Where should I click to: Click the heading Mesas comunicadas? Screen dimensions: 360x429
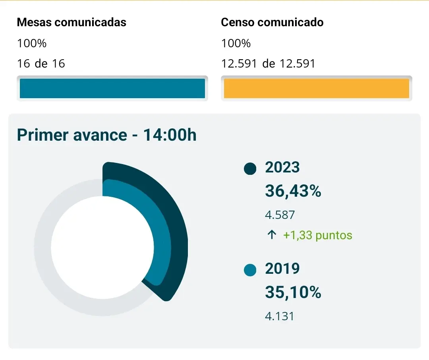71,22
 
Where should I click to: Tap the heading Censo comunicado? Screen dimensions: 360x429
272,22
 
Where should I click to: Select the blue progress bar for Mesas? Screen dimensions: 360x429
112,88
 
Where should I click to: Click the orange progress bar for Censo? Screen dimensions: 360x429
317,88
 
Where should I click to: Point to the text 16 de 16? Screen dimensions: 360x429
41,64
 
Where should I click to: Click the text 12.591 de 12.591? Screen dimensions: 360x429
268,64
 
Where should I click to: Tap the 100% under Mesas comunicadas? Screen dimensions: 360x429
32,43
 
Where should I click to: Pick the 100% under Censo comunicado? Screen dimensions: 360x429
236,43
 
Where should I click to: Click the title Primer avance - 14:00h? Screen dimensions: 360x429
107,135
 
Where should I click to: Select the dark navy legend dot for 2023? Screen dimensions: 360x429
250,168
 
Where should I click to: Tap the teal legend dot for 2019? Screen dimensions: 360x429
250,271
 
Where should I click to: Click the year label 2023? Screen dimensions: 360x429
282,168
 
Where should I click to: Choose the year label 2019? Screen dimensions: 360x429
282,269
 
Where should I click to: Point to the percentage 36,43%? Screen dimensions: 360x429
293,192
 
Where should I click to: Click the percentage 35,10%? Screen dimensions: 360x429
293,293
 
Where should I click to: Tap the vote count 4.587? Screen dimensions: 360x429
280,215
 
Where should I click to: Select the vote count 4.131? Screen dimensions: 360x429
280,317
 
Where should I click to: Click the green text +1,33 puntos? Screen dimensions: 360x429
317,235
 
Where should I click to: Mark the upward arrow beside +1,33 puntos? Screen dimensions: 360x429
272,235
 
